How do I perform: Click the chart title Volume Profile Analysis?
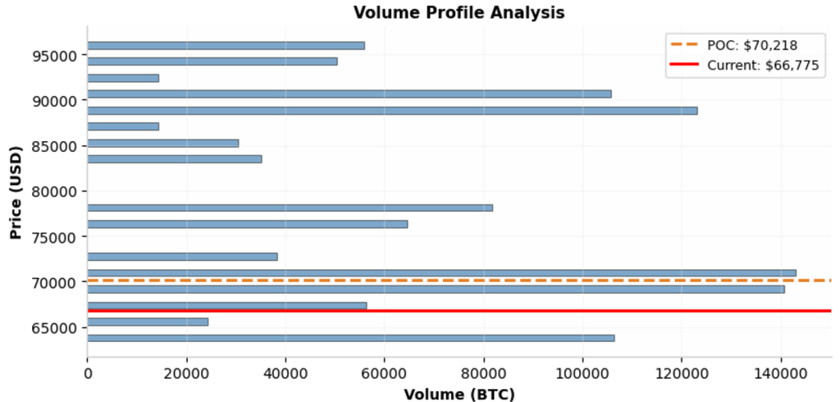pos(459,12)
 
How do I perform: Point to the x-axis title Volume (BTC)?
pos(459,395)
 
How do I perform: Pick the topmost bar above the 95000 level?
pos(226,45)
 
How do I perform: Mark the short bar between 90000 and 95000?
pos(123,78)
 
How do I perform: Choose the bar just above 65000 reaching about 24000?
pos(148,322)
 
